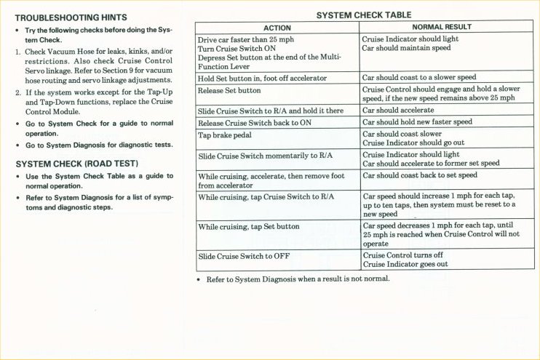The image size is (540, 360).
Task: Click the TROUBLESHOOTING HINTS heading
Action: pos(71,17)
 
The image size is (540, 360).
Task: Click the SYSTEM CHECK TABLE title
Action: pos(364,15)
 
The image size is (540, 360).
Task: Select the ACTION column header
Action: pos(277,28)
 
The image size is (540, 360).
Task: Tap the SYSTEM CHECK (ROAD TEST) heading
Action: pos(76,164)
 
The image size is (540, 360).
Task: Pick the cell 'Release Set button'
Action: pos(229,91)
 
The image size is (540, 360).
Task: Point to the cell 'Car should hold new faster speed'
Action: pos(417,122)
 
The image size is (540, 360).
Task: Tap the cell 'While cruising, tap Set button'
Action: pos(249,227)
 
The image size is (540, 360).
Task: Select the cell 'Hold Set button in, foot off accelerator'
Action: pos(262,78)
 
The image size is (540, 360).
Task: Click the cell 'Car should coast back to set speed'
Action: pos(420,175)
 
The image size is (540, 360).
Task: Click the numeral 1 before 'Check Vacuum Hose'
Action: pos(17,52)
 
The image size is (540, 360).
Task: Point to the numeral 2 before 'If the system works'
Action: pos(17,93)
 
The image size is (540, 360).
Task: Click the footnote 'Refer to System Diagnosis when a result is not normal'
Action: pos(298,279)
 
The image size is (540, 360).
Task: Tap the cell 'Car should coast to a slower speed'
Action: pos(419,78)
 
